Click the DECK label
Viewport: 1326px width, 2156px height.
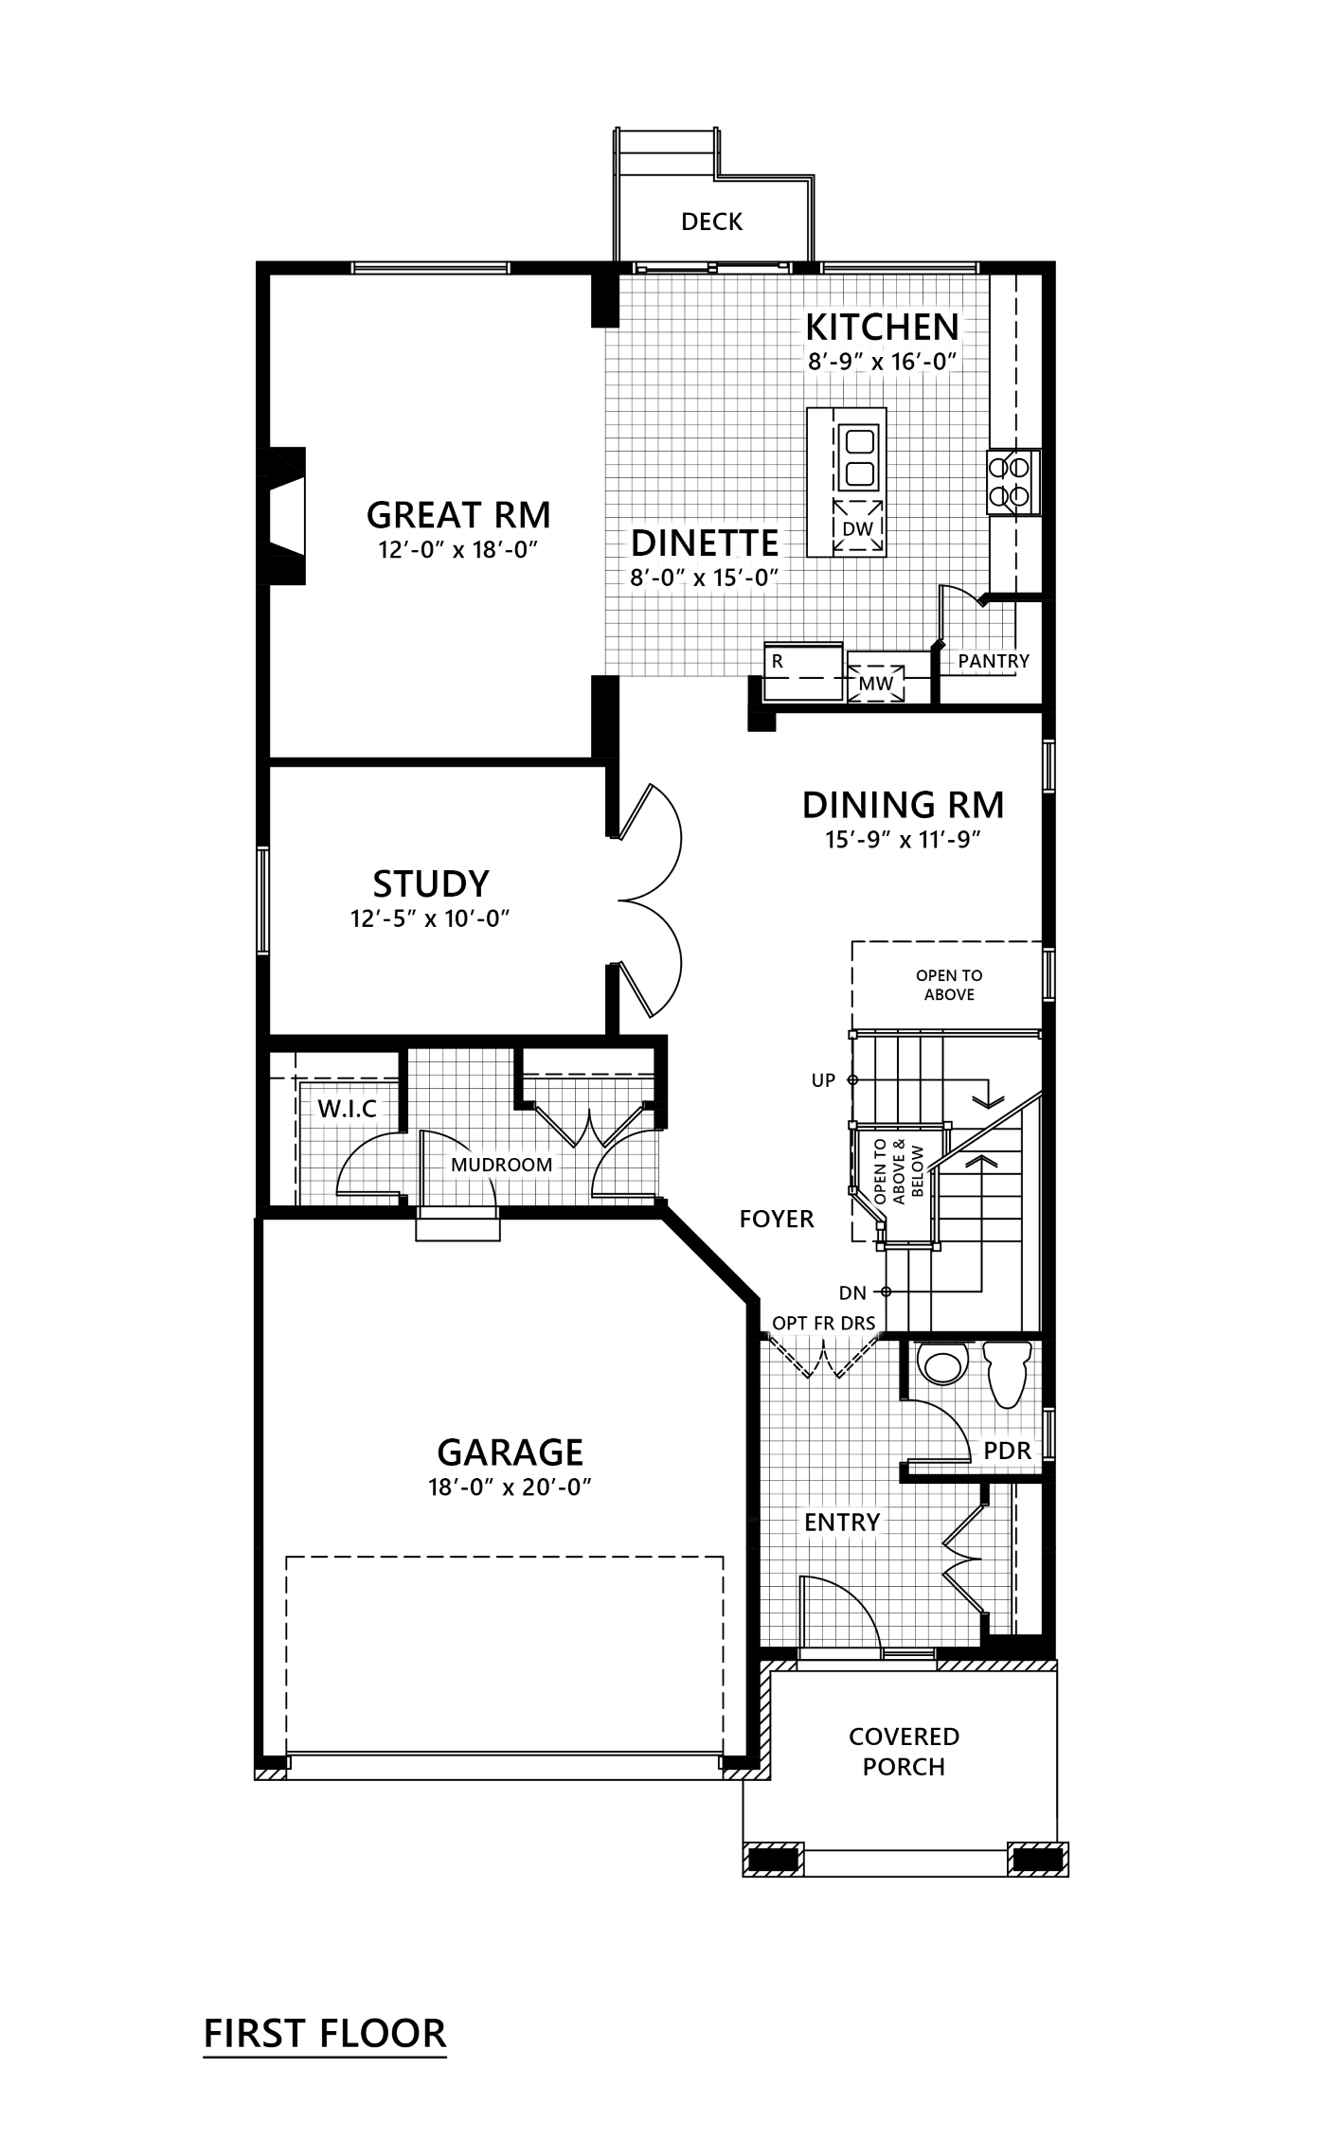tap(712, 222)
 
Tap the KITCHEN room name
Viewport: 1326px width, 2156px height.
tap(882, 327)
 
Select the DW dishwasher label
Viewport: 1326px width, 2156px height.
tap(858, 527)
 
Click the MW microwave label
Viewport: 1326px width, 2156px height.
tap(876, 683)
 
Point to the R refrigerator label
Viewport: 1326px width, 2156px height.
tap(778, 661)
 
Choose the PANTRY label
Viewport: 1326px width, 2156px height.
tap(994, 660)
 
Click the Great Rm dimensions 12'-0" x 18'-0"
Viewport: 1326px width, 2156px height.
tap(458, 550)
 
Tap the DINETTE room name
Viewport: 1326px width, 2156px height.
tap(705, 543)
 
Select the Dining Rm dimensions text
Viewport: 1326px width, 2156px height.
tap(903, 839)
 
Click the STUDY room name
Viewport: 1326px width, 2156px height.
tap(431, 882)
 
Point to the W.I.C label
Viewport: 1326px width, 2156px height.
tap(348, 1108)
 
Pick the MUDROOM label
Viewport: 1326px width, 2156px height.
tap(501, 1165)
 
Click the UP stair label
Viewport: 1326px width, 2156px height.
tap(823, 1079)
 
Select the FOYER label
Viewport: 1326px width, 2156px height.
tap(777, 1218)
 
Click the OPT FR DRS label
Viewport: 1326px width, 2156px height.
tap(823, 1322)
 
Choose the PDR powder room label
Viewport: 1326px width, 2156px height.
tap(1007, 1450)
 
